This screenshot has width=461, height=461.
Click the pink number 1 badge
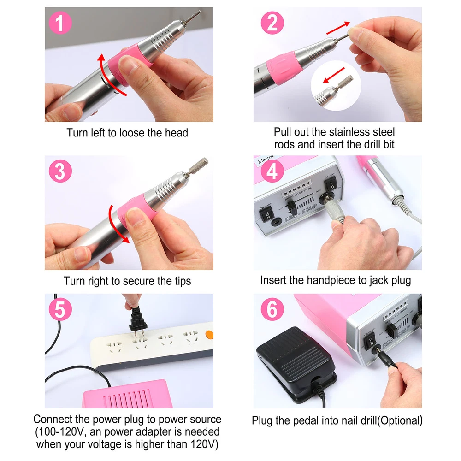(x=60, y=23)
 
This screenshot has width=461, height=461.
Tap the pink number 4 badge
(x=272, y=171)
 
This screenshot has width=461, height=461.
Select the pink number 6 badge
(x=272, y=309)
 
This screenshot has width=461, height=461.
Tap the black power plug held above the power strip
(x=137, y=320)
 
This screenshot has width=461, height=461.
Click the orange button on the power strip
(x=209, y=335)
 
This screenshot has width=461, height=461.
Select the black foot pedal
(x=296, y=363)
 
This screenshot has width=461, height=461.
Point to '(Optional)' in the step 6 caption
(x=400, y=421)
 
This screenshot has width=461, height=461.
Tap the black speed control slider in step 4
(x=292, y=207)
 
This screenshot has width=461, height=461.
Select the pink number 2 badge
(x=272, y=23)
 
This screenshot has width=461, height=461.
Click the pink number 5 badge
(x=60, y=309)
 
